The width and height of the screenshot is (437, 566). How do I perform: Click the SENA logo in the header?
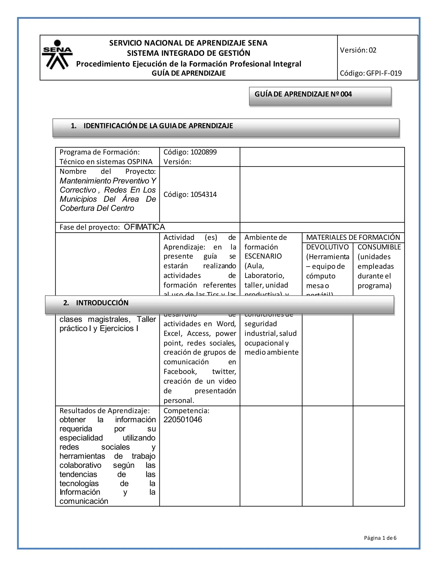[57, 55]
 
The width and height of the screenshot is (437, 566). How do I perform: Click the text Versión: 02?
[358, 50]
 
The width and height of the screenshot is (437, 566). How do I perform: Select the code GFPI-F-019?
[384, 73]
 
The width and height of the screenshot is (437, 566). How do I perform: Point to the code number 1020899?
[204, 152]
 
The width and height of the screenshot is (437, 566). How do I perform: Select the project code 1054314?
[204, 194]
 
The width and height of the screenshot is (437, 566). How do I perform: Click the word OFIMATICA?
[144, 227]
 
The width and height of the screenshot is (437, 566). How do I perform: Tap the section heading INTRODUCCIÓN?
[102, 303]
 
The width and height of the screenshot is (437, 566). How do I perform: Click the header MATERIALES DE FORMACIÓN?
[353, 237]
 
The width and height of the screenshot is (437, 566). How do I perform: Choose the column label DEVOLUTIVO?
[327, 247]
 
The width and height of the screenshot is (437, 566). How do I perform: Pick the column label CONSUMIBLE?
[379, 247]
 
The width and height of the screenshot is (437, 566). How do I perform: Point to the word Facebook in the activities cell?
[180, 372]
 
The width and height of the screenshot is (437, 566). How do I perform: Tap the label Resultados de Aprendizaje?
[105, 411]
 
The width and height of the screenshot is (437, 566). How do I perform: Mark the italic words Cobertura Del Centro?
[97, 208]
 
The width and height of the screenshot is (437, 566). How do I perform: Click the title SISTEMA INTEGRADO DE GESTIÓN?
[188, 53]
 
